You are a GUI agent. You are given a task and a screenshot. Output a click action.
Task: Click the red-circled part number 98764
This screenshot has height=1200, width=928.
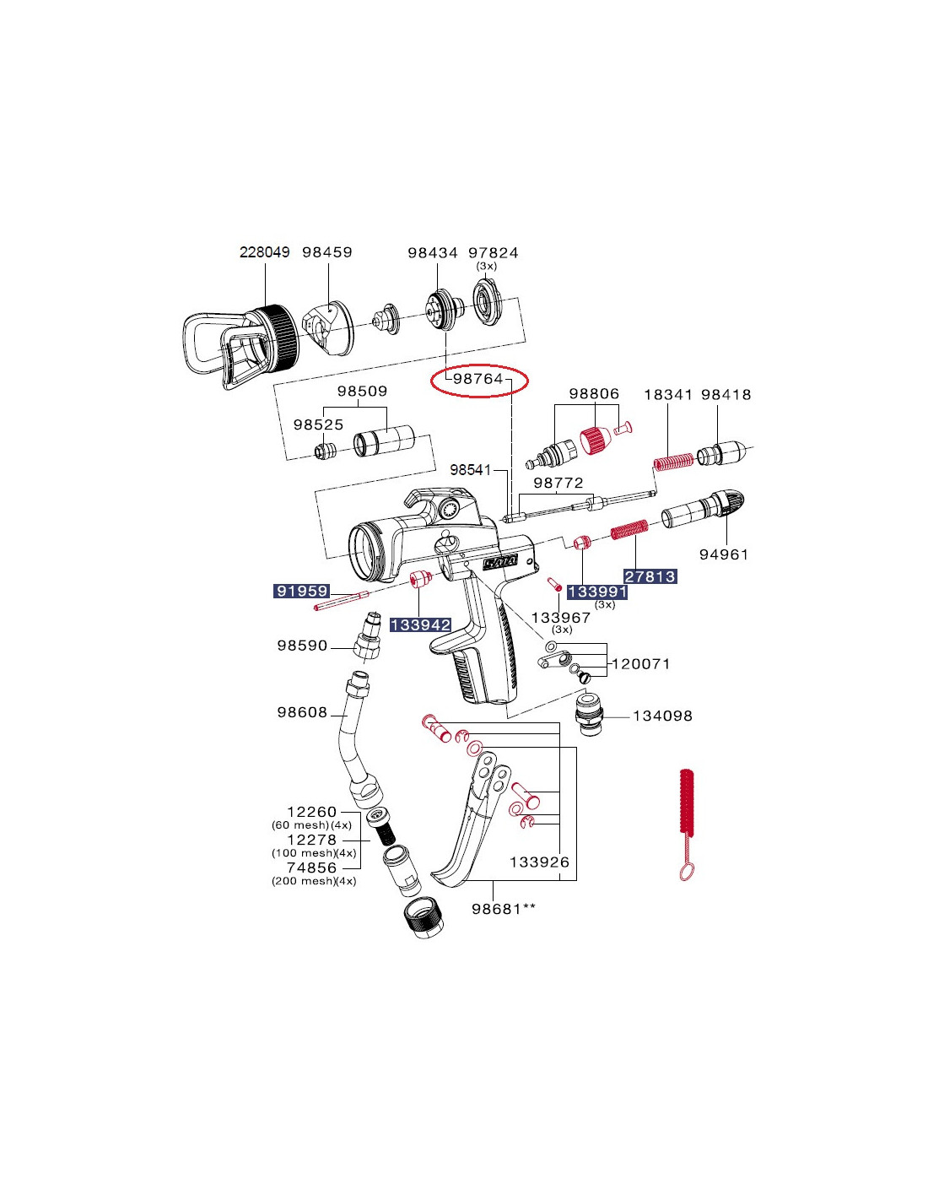[478, 379]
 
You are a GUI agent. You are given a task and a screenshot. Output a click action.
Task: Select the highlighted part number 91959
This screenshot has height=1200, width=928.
[302, 591]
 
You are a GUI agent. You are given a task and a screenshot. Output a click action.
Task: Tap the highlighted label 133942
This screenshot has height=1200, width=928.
[420, 624]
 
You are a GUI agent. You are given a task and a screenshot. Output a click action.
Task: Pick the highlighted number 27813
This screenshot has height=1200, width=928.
[650, 576]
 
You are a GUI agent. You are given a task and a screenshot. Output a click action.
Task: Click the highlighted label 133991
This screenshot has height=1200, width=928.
[597, 592]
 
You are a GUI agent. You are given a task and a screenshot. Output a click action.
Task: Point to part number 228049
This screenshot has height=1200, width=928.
[264, 252]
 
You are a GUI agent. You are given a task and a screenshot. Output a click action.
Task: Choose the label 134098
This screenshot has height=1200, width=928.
[662, 716]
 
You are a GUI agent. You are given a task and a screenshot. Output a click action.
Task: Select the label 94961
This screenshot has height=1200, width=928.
[724, 554]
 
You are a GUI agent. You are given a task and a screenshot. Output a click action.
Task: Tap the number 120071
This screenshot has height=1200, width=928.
[641, 664]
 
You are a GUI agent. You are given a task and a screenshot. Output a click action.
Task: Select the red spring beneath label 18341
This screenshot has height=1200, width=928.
[674, 462]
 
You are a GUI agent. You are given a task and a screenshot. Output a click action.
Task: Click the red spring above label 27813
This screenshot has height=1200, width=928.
[629, 532]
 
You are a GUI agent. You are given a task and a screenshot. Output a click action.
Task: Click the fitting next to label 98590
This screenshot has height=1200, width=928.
[368, 640]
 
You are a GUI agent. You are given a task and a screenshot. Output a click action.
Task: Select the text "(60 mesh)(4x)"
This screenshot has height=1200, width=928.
[311, 825]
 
